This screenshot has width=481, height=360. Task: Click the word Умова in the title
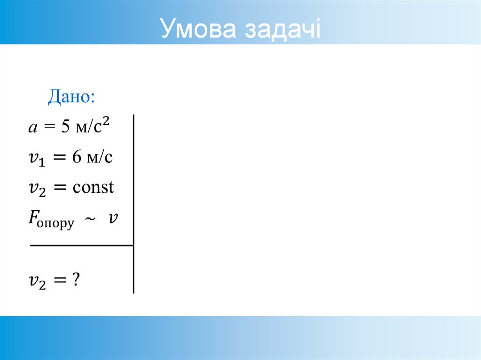198,29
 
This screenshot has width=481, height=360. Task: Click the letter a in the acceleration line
32,128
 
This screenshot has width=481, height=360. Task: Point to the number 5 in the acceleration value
65,127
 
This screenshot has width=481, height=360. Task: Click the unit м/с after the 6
99,158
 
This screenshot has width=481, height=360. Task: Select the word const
93,188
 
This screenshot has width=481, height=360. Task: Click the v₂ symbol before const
37,189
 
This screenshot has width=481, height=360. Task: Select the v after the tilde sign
113,218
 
